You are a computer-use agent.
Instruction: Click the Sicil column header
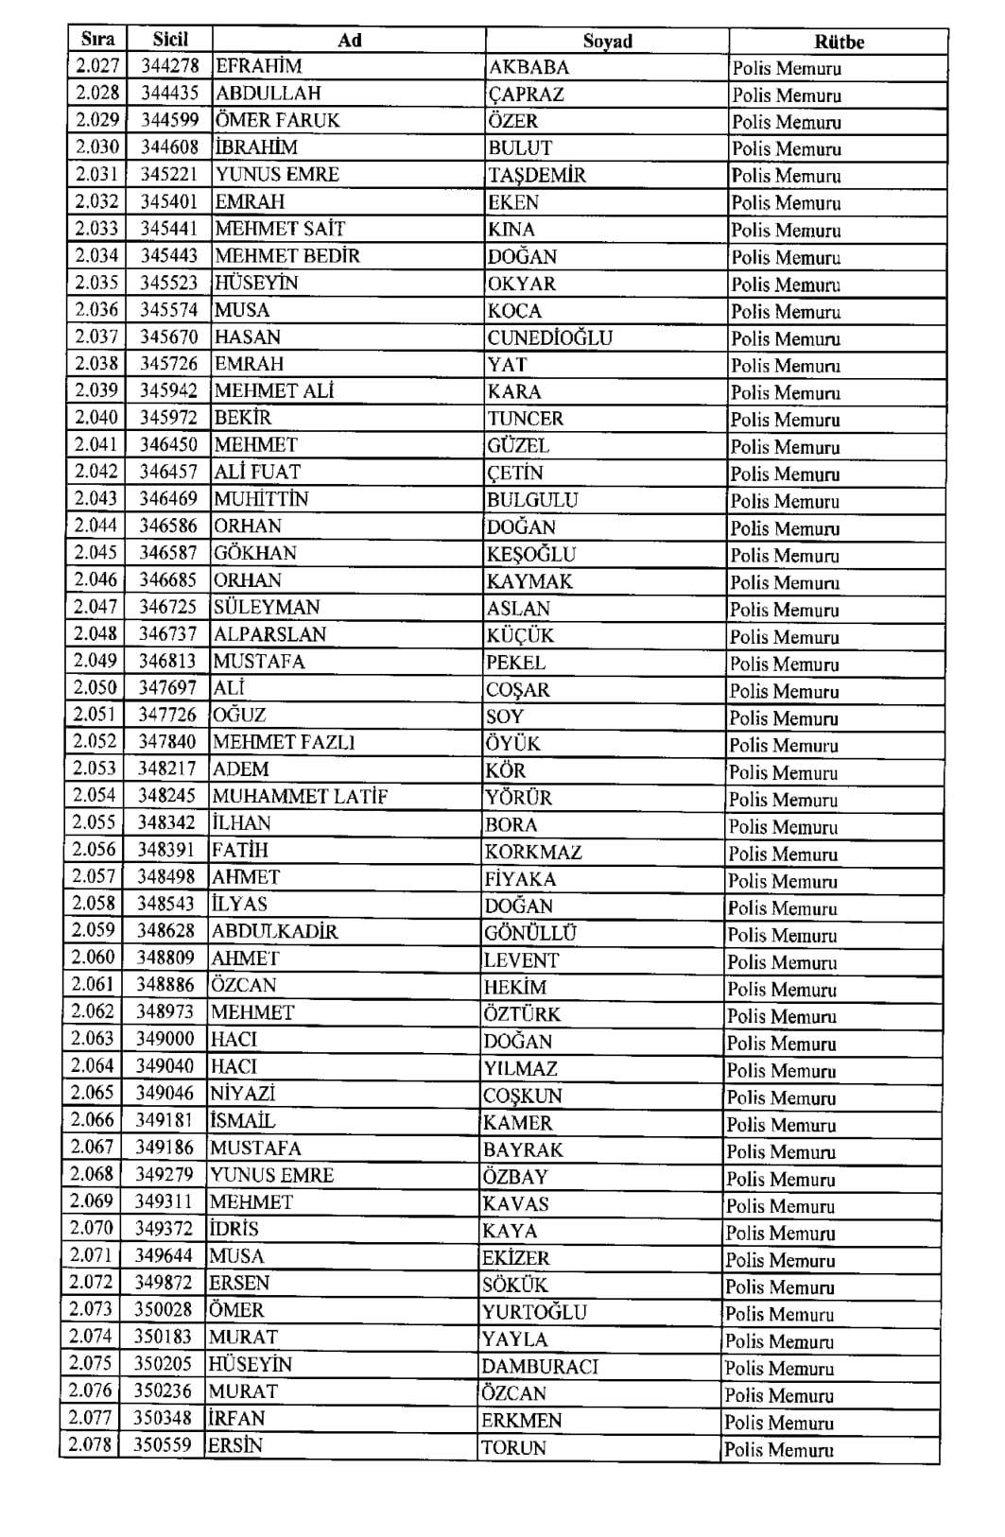tap(170, 40)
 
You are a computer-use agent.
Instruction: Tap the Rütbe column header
tap(839, 42)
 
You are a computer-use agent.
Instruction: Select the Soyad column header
tap(607, 41)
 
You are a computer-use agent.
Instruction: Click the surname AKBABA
tap(528, 67)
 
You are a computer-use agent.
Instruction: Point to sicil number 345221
tap(169, 174)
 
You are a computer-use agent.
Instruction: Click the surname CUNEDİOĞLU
tap(550, 337)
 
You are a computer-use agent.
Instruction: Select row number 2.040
tap(96, 418)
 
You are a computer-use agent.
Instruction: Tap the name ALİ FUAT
tap(257, 472)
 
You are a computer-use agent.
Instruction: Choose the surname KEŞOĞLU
tap(531, 554)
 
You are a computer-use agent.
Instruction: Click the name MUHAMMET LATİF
tap(300, 797)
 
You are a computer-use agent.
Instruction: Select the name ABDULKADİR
tap(274, 932)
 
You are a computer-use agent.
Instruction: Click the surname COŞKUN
tap(523, 1096)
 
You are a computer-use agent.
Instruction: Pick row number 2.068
tap(92, 1174)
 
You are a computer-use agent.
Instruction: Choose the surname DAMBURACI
tap(540, 1366)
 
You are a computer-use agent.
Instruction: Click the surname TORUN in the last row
tap(513, 1447)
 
